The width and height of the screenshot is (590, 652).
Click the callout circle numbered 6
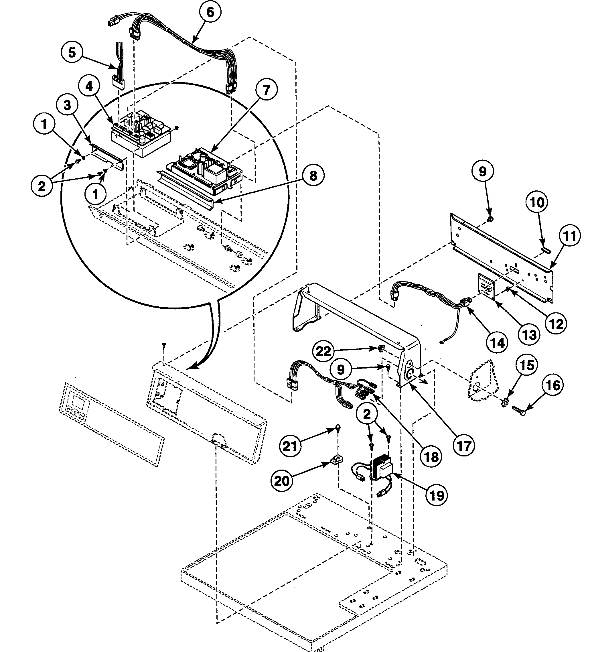(x=210, y=12)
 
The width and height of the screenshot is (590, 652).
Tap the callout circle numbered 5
(x=72, y=52)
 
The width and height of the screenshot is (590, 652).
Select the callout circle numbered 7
(x=266, y=90)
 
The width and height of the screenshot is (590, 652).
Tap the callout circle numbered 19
(x=437, y=495)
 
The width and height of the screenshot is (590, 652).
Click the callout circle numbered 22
(x=323, y=351)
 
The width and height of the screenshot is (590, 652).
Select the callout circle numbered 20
(x=282, y=481)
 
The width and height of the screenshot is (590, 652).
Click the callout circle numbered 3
(x=67, y=105)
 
